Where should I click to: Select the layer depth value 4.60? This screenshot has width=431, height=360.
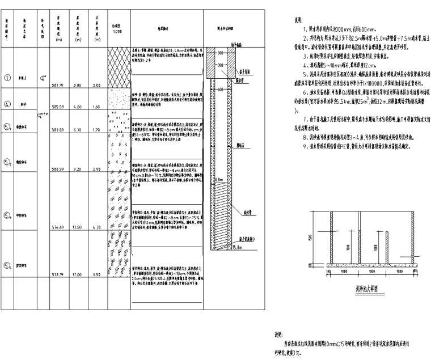coord(79,107)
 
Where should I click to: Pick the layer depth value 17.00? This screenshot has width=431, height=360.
coord(79,274)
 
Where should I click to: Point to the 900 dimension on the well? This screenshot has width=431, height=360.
coord(220,52)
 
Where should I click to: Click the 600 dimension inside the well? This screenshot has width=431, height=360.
coord(220,89)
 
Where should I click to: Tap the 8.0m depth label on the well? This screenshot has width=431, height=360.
coord(221,179)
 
